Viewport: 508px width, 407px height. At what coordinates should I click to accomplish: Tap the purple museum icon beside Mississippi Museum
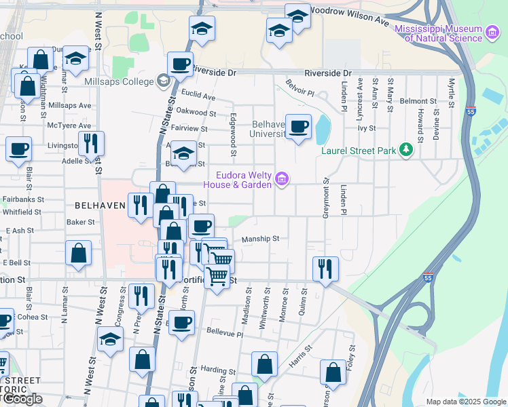point(493,31)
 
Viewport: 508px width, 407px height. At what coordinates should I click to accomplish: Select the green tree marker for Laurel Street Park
point(406,149)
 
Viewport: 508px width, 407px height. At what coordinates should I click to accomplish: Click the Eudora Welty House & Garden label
point(244,180)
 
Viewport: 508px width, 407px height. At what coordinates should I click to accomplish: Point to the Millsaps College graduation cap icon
point(163,81)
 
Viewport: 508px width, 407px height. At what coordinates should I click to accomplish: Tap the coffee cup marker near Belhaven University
point(299,125)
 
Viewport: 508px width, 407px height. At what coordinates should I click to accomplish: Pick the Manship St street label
point(261,239)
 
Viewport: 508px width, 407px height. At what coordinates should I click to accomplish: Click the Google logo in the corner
point(22,399)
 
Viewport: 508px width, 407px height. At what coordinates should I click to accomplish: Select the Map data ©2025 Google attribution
point(466,402)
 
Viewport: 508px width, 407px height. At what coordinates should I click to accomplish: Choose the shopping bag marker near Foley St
point(333,371)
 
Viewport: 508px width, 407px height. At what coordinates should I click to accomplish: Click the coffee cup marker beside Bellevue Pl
point(181,322)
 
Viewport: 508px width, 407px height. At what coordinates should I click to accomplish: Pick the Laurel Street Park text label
point(359,151)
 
